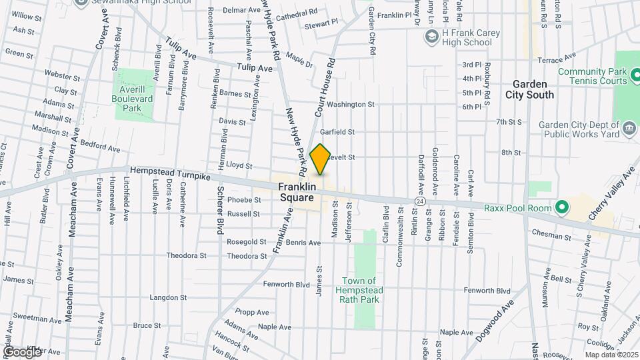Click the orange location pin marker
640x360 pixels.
point(321,159)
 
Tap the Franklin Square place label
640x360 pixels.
point(296,193)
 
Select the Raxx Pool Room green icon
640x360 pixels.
point(561,208)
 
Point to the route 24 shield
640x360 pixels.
point(419,201)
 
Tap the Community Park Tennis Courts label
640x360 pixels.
point(593,76)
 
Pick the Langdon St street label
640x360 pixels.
point(166,297)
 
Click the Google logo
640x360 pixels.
point(22,351)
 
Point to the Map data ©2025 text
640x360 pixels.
point(611,355)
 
